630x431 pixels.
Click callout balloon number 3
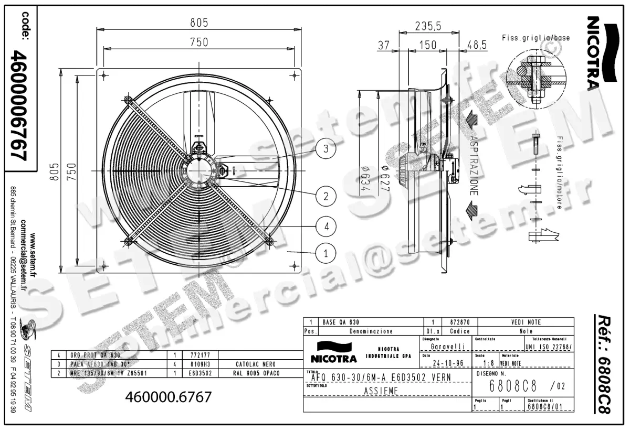[325, 149]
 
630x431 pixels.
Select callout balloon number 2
[325, 196]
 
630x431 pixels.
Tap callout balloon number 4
[325, 227]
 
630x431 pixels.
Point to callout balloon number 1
[325, 254]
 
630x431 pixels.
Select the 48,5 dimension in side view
[477, 46]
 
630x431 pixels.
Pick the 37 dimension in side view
[384, 46]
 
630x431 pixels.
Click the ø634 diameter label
[360, 179]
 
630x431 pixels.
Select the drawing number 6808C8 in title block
[512, 387]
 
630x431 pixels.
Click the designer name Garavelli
[446, 347]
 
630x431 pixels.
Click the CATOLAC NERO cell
[249, 364]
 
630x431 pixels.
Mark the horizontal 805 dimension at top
[199, 23]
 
